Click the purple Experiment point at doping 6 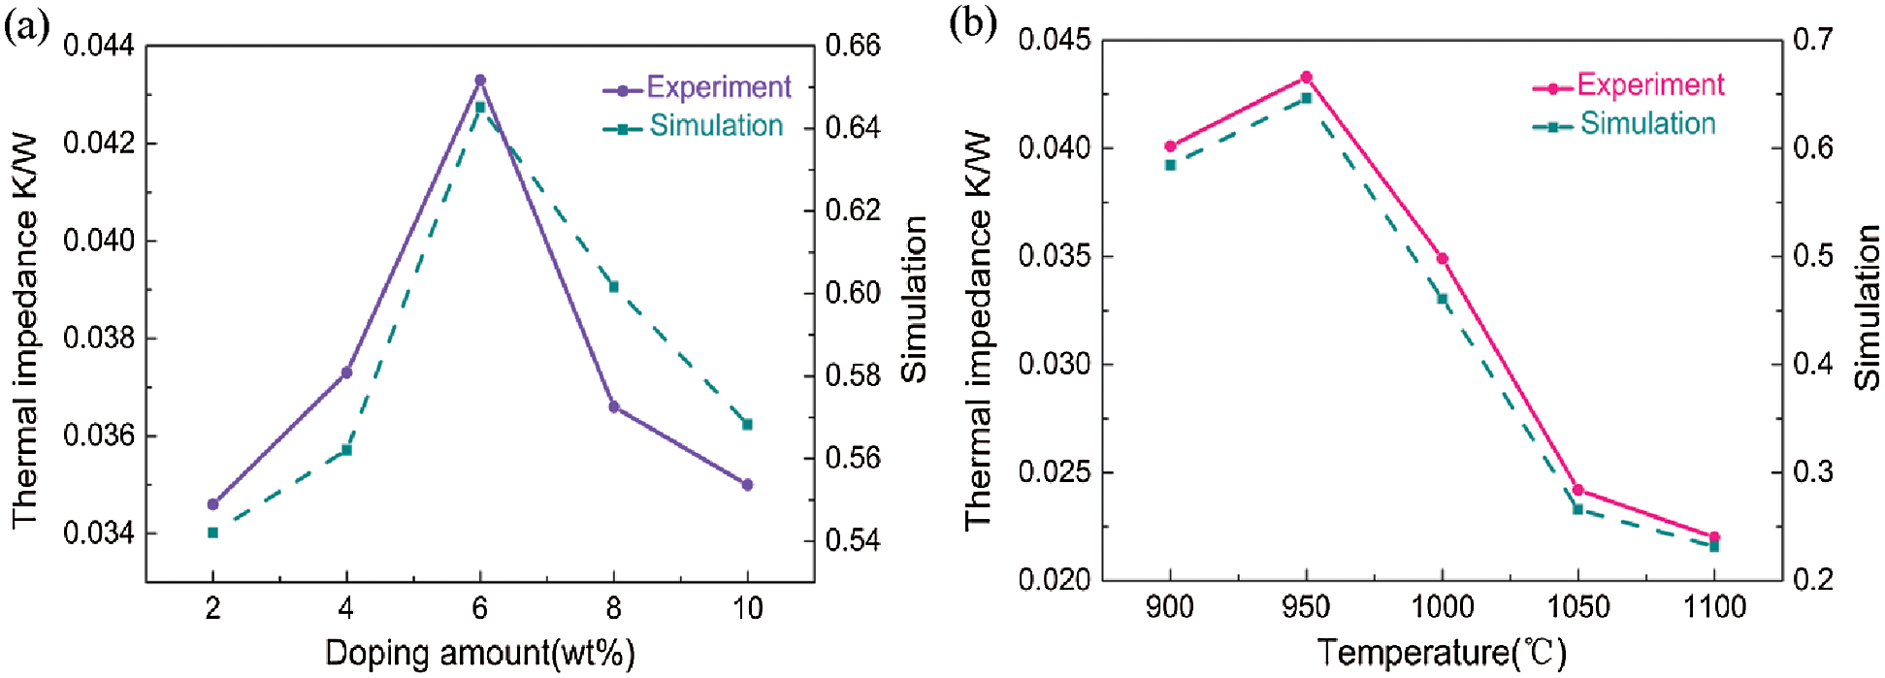479,81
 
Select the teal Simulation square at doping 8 613,286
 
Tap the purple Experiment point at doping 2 213,504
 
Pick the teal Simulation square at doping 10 747,424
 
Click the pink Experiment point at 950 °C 1306,77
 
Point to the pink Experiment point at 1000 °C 1442,259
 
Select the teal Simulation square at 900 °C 1170,165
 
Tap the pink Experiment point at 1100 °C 1714,536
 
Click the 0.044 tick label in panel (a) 99,46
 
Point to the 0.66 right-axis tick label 853,46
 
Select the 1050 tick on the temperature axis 1577,607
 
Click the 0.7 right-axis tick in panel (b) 1812,40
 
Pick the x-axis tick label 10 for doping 747,608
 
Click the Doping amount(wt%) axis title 479,653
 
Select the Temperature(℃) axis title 1442,653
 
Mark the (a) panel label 26,26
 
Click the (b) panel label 973,22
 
